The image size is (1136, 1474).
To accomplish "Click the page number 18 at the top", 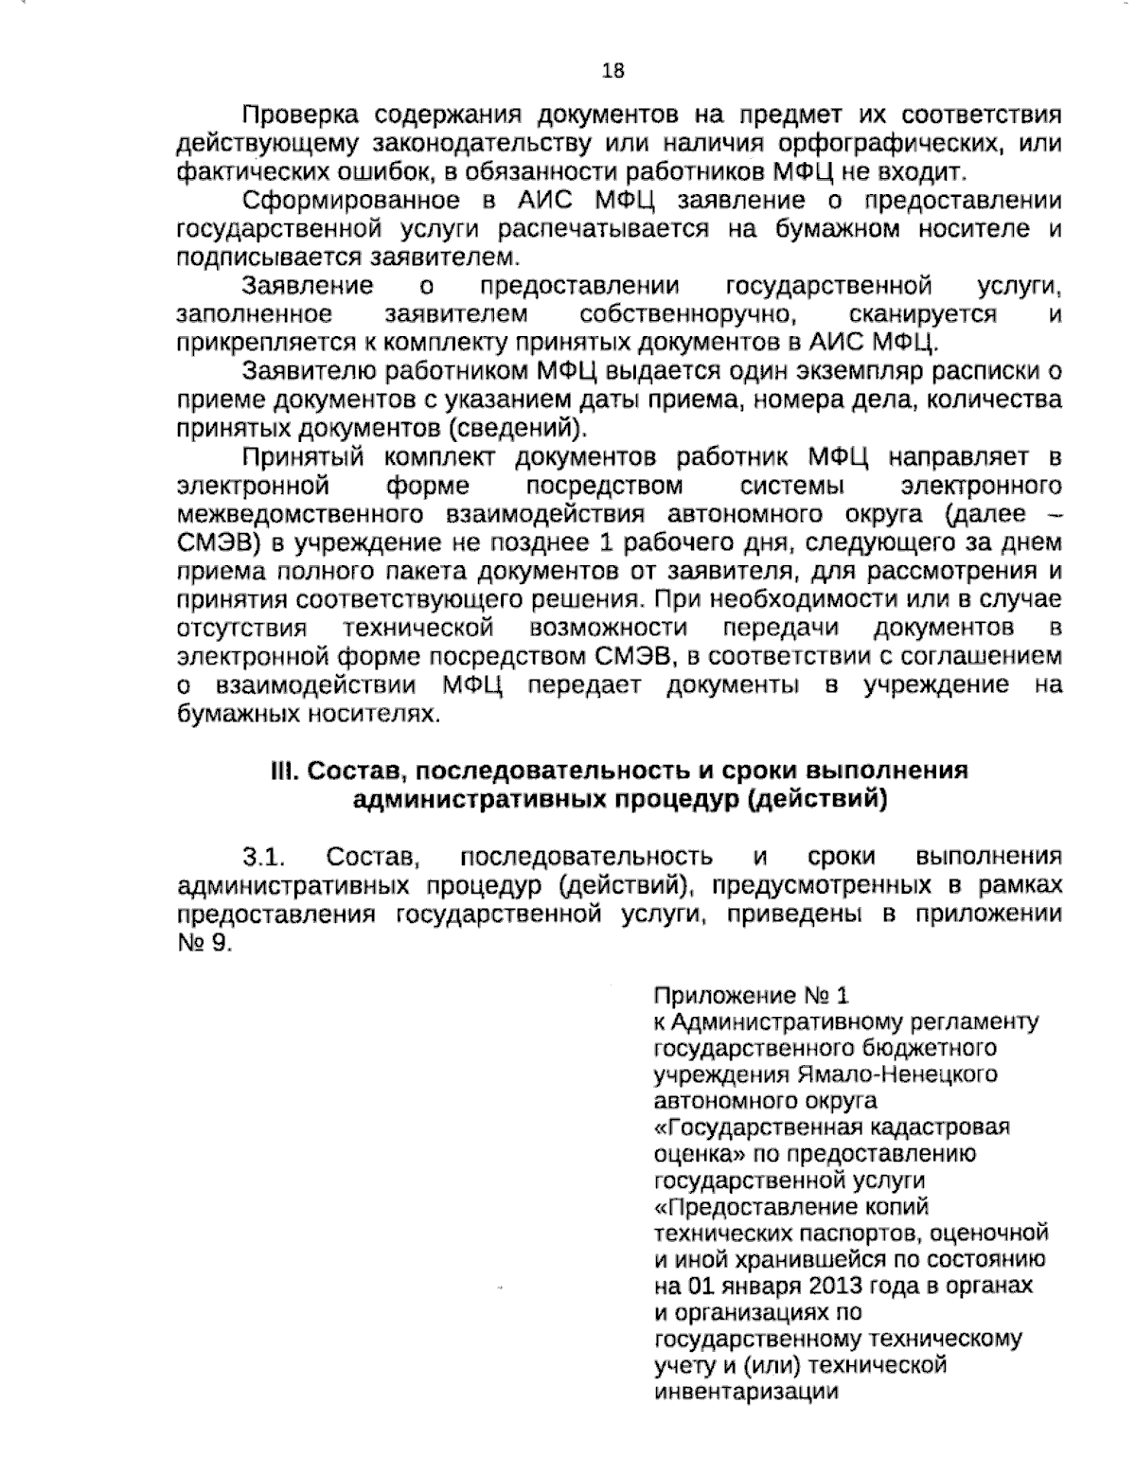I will pyautogui.click(x=612, y=71).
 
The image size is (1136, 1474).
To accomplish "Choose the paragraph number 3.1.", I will pyautogui.click(x=264, y=858).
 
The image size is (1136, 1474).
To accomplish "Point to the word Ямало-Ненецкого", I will pyautogui.click(x=896, y=1074).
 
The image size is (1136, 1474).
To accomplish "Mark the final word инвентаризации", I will pyautogui.click(x=746, y=1392).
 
